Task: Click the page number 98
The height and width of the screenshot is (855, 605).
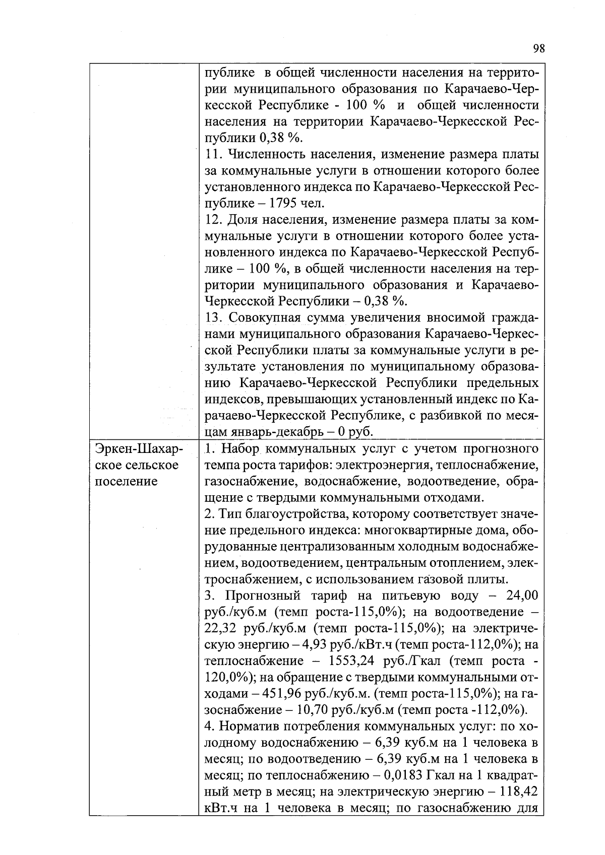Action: coord(538,49)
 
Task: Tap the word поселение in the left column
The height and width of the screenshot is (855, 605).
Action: coord(126,481)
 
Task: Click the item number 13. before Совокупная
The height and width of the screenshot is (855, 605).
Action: coord(215,318)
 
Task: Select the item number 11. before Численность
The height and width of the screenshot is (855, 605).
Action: coord(214,154)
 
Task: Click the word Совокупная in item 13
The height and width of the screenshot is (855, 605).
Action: coord(266,318)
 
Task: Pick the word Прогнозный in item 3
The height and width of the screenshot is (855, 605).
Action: coord(260,596)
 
